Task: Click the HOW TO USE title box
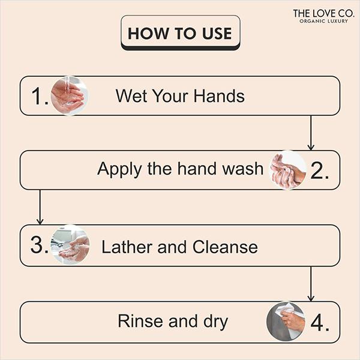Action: [180, 32]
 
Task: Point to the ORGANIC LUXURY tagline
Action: [323, 22]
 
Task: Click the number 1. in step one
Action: [39, 96]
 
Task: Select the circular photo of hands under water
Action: [68, 95]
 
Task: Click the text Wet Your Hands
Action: [180, 96]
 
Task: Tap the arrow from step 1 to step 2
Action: [311, 132]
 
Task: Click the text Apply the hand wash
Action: [180, 169]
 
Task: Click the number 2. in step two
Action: [319, 170]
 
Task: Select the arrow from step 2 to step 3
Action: [40, 207]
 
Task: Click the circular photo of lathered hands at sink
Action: [70, 245]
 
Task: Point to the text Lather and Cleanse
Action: [179, 247]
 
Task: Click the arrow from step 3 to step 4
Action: [311, 283]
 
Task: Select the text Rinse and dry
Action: [173, 321]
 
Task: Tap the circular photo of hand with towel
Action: [286, 321]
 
